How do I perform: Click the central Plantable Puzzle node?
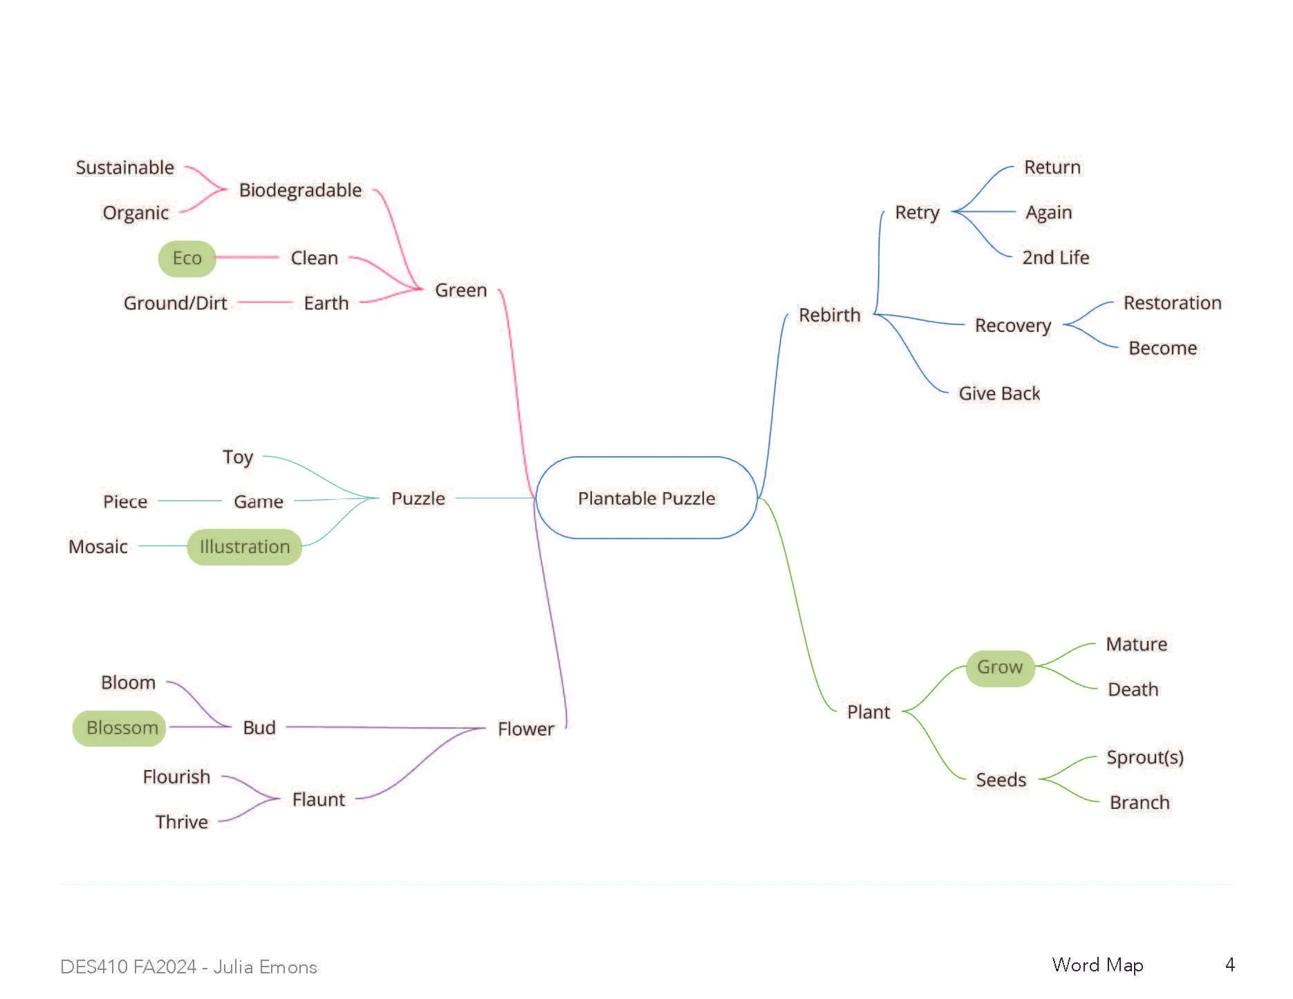point(646,498)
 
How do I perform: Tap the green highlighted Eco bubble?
point(187,259)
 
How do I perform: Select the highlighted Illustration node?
point(245,547)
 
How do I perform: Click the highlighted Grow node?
point(1000,668)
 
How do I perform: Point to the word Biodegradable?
point(300,190)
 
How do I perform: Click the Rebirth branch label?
point(829,315)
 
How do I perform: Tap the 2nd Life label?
point(1055,258)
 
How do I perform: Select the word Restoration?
point(1172,303)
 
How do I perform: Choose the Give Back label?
point(999,393)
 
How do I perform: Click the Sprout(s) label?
point(1144,758)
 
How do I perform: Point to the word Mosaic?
point(98,547)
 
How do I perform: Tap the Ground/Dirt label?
point(175,304)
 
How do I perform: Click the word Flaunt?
point(318,800)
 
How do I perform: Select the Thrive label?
point(181,822)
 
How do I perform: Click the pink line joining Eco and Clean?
point(247,257)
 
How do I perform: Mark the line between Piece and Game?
point(189,501)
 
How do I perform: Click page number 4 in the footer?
point(1229,965)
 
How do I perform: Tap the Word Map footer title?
point(1097,965)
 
